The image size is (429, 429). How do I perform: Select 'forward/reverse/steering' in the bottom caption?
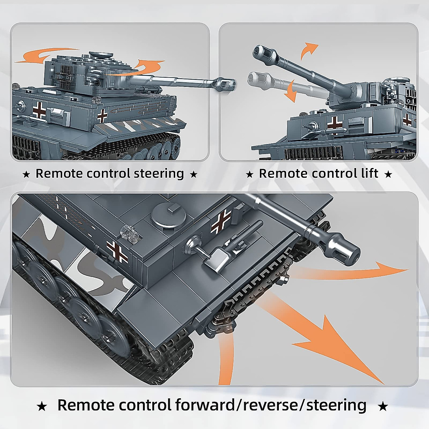[x=271, y=405]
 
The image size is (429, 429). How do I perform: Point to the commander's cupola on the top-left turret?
[x=98, y=55]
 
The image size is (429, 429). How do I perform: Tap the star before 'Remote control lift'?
[x=250, y=174]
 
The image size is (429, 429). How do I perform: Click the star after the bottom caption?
[x=383, y=406]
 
